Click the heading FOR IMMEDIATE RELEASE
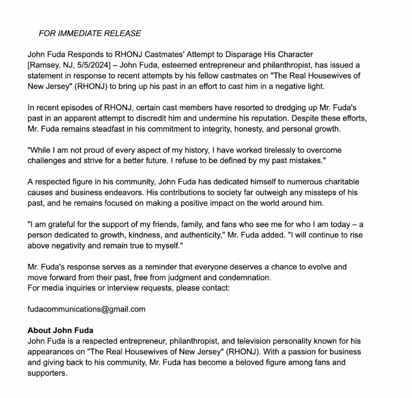coord(89,33)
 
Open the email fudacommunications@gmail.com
coord(86,309)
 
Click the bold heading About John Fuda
coord(60,330)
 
